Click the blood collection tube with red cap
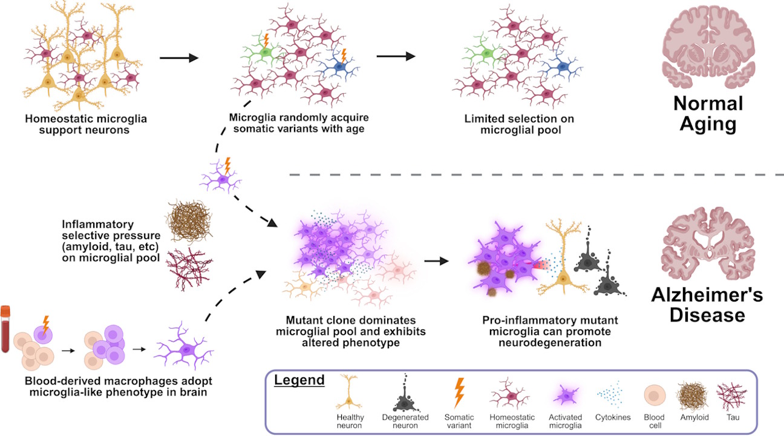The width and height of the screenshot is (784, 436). [7, 330]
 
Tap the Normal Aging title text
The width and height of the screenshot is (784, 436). [708, 114]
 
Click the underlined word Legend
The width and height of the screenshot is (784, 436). [299, 381]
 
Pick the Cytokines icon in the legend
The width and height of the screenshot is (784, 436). [612, 394]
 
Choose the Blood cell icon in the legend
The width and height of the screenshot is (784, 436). [654, 394]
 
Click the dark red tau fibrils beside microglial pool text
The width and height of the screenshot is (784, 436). [189, 268]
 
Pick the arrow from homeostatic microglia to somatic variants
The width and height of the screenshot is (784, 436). [178, 58]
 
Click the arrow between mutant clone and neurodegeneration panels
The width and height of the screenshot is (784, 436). [436, 262]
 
